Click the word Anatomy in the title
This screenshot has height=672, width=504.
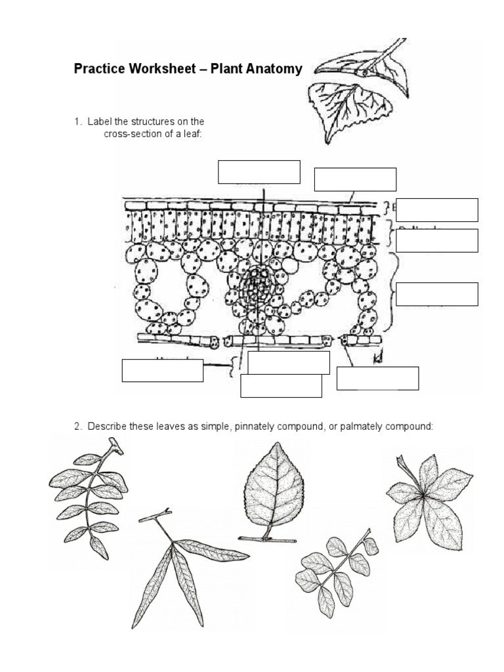pos(270,69)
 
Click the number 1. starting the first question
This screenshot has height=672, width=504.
pos(77,121)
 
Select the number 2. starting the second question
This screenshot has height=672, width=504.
pos(77,427)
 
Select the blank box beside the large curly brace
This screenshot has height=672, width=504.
pos(437,293)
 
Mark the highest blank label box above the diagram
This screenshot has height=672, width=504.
pos(259,172)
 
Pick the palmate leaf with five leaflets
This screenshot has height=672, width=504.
pos(428,495)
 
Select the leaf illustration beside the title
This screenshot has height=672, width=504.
pos(355,82)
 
